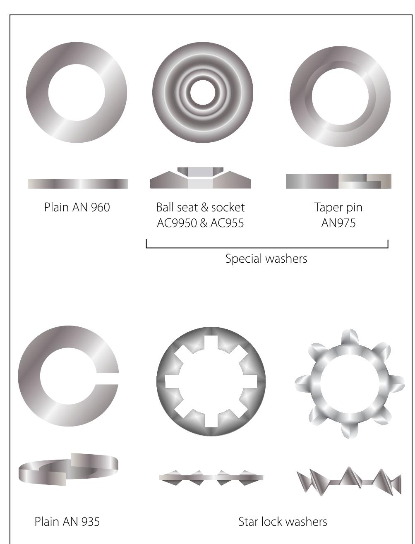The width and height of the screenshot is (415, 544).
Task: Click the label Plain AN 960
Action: pos(77,207)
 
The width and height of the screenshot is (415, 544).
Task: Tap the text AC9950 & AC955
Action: pos(200,223)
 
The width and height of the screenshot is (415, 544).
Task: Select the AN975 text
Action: pos(338,223)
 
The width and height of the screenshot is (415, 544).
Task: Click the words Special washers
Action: pos(266,259)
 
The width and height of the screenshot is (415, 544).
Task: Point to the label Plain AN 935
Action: pos(67,522)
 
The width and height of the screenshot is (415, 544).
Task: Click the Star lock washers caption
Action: pos(283,522)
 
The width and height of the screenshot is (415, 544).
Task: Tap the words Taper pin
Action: pos(338,207)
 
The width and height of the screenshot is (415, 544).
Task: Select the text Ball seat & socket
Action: pos(200,207)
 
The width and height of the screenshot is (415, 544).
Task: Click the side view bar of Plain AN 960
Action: pos(77,184)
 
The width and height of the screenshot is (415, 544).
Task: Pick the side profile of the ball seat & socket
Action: pos(200,179)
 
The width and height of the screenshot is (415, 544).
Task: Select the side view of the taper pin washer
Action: pos(338,181)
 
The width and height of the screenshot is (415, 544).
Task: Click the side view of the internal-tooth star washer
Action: pos(211,477)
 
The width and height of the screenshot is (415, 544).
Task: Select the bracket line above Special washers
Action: pos(267,248)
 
